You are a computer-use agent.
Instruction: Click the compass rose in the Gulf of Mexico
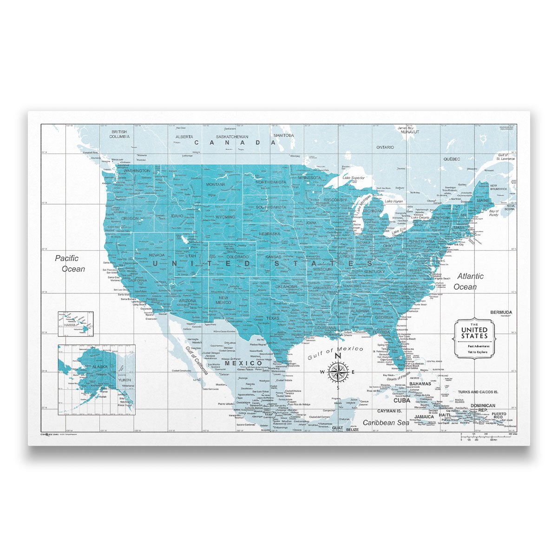338,372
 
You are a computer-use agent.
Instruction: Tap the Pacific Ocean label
70,263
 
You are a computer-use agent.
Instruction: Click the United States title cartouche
474,339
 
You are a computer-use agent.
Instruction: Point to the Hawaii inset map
75,324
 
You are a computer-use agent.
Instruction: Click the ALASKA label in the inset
100,367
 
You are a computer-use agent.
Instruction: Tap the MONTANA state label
216,185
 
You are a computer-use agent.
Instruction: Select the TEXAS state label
273,319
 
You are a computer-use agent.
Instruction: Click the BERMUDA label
501,312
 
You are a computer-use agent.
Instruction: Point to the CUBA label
402,400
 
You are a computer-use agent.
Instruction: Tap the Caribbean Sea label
386,422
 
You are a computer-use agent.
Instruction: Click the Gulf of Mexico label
336,353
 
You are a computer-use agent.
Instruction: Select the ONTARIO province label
385,147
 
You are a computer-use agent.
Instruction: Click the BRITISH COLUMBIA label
119,134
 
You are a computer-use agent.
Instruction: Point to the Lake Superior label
354,178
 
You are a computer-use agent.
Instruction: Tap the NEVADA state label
157,255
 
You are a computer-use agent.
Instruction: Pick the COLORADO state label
237,257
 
